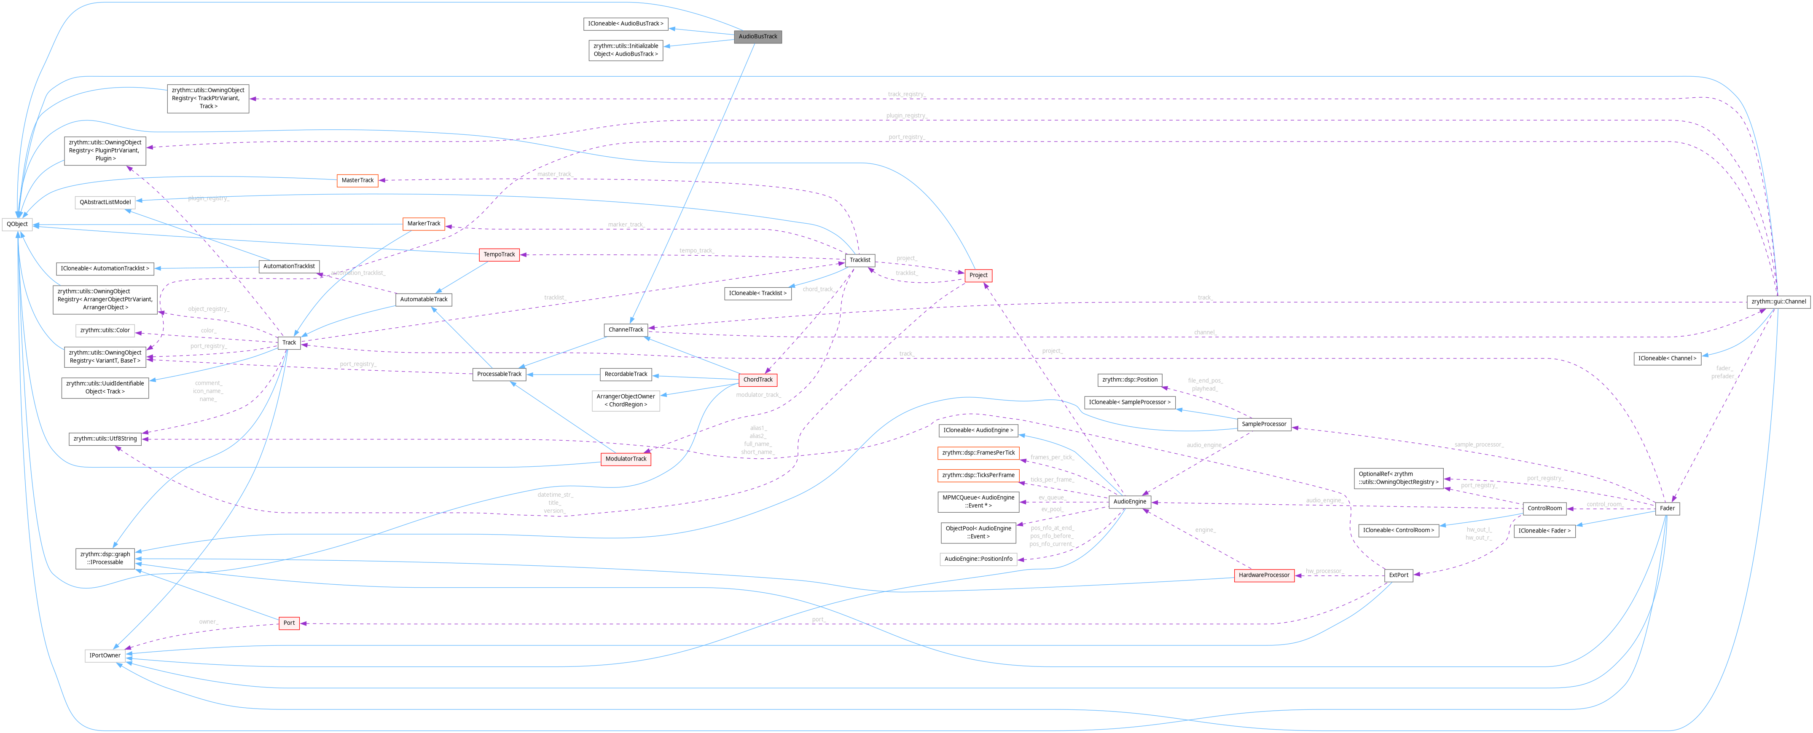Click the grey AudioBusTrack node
coord(757,37)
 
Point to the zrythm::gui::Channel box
coord(1778,302)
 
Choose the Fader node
coord(1667,508)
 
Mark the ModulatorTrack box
coord(626,459)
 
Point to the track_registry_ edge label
coord(906,94)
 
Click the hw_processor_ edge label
coord(1324,571)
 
